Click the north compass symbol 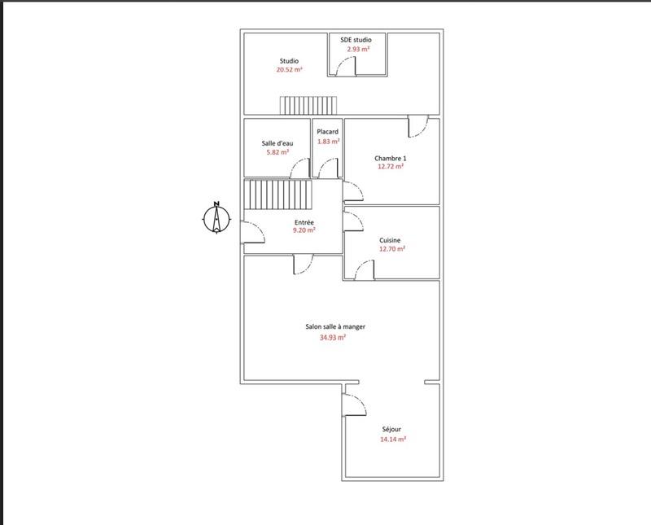216,217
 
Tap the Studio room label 289,61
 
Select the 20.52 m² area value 289,70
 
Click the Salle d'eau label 277,143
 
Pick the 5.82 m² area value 277,152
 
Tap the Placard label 328,132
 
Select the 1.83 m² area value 328,142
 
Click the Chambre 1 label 390,158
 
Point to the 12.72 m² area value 391,167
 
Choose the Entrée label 304,221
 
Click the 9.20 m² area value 304,230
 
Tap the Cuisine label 391,240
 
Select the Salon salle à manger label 335,326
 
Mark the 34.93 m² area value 333,337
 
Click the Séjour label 392,429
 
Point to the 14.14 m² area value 392,439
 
